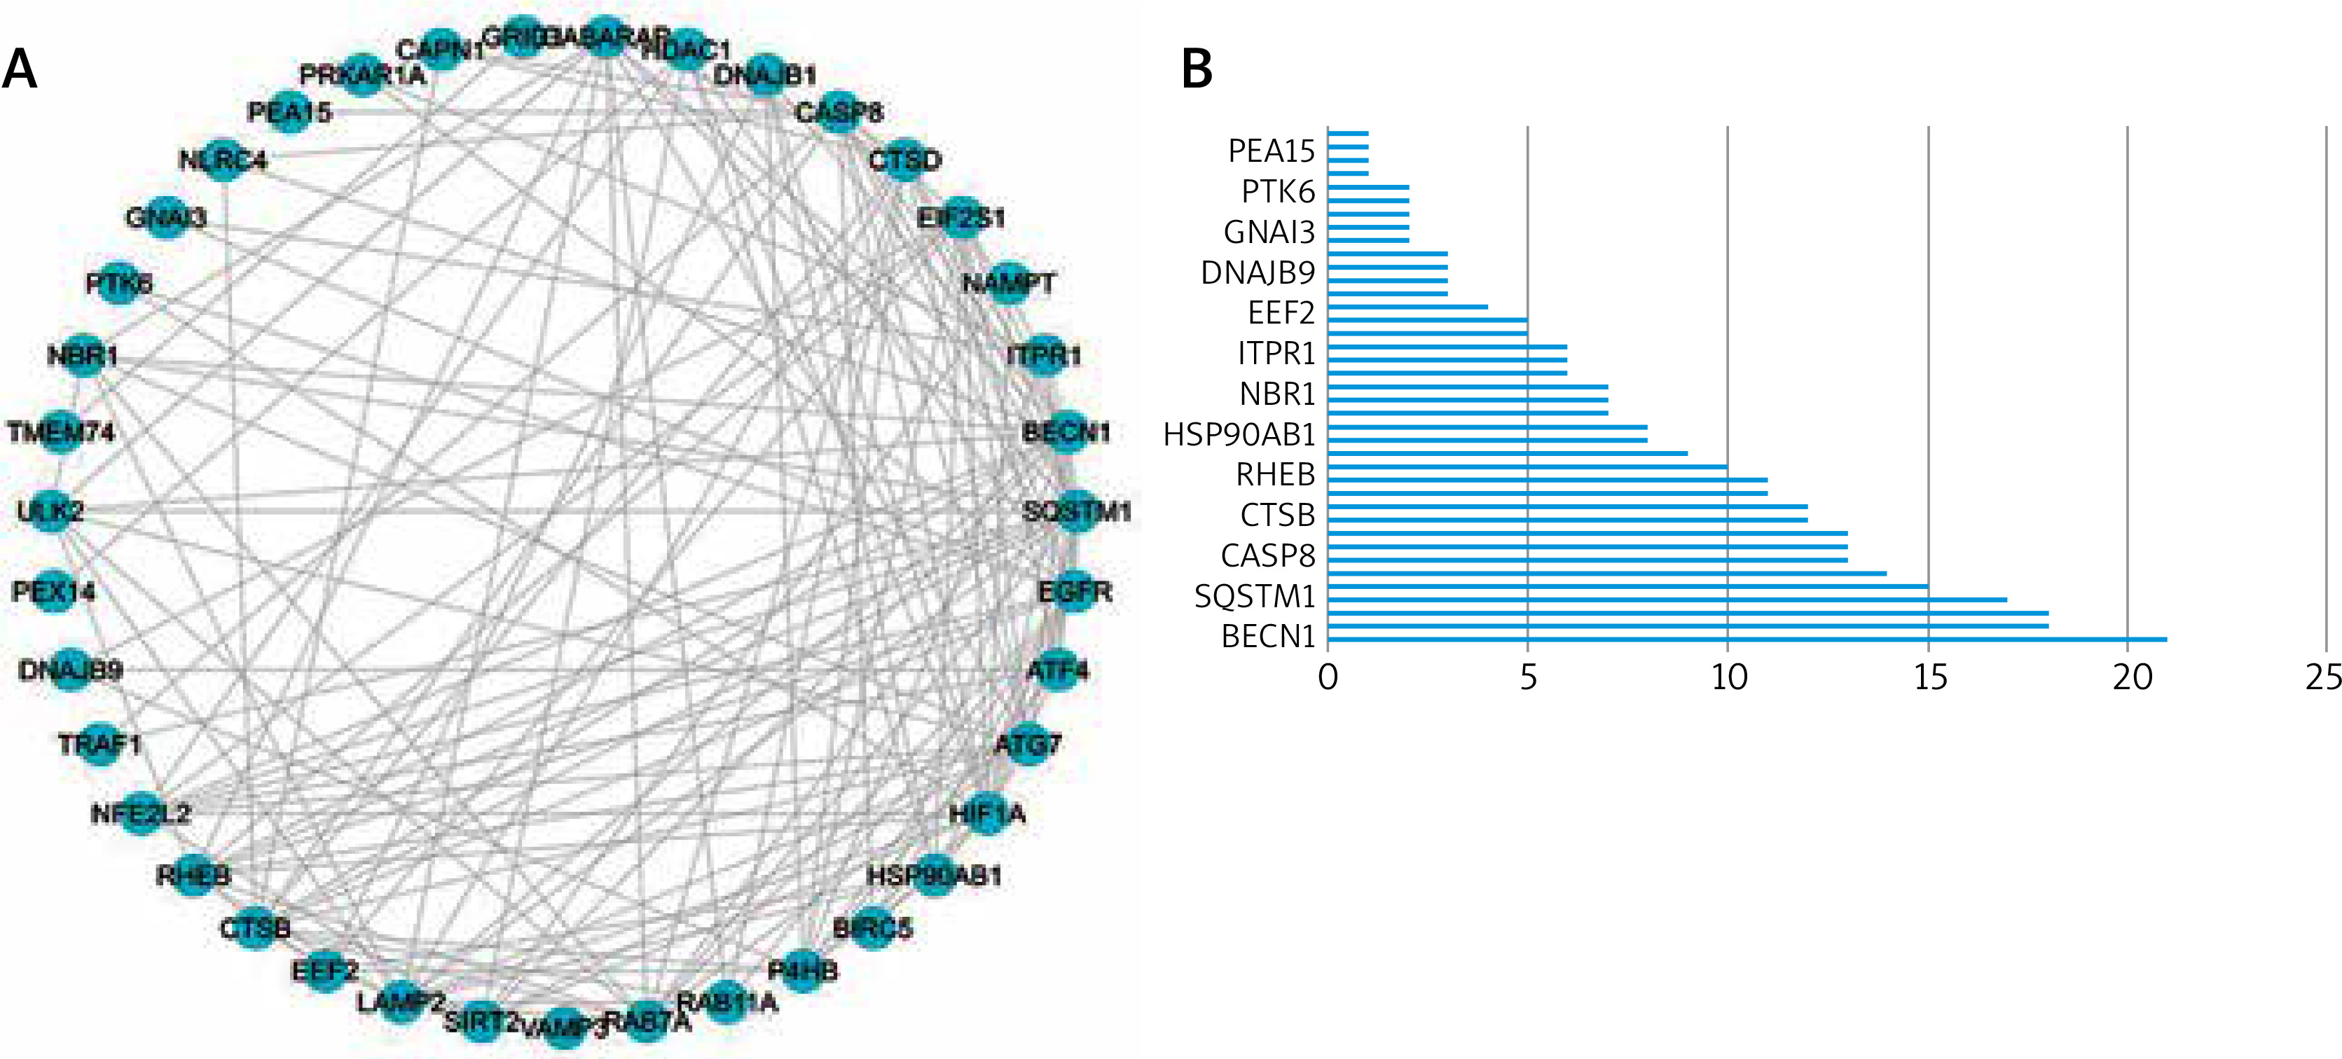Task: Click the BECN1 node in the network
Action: point(1063,431)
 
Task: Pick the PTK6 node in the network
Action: point(119,284)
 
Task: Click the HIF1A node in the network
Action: point(986,812)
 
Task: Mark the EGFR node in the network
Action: point(1074,592)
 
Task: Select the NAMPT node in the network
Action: point(1007,284)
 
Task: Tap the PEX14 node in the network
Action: point(54,592)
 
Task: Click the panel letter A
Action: point(20,69)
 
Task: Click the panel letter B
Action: point(1197,69)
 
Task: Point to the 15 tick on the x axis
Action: point(1929,678)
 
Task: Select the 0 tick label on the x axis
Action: point(1328,678)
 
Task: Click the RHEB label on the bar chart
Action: point(1276,474)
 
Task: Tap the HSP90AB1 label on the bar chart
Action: point(1239,434)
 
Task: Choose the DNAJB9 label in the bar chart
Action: point(1258,272)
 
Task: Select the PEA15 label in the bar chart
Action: point(1271,151)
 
